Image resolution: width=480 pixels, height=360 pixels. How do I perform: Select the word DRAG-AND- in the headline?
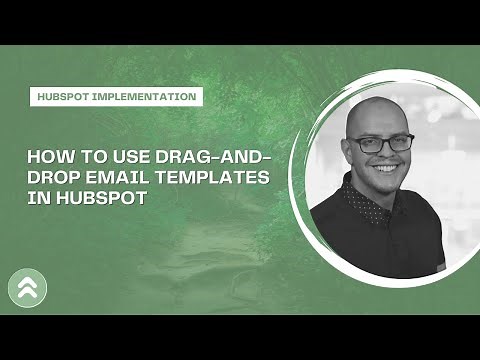[224, 157]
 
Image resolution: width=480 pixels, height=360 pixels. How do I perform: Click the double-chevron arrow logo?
[26, 288]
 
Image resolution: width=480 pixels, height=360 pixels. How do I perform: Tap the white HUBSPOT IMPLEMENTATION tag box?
[114, 97]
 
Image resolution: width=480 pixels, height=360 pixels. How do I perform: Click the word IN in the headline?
[37, 196]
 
